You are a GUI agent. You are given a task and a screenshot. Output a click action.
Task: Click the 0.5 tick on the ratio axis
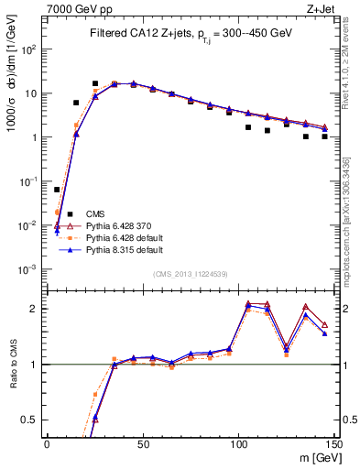click(x=34, y=420)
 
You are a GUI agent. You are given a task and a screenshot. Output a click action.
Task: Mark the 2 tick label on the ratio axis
click(x=38, y=309)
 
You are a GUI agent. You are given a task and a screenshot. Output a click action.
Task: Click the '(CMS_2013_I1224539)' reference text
click(x=191, y=273)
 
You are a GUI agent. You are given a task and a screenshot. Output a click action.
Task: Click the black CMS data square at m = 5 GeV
click(x=57, y=190)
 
